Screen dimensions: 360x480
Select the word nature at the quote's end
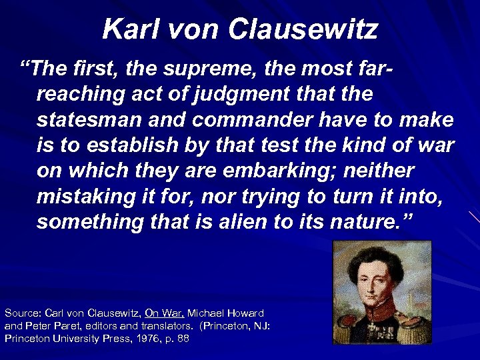coord(372,222)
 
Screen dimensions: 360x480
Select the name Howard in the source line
coord(243,313)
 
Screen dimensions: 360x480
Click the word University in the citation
coord(70,338)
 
